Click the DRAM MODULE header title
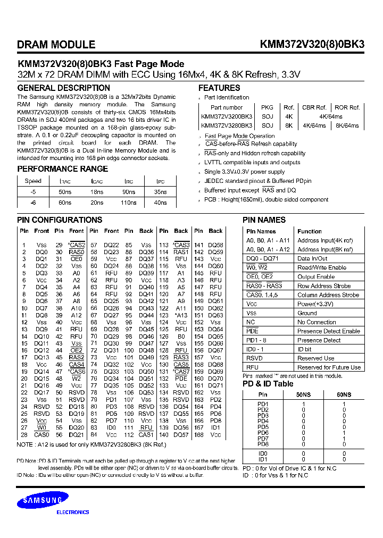click(56, 45)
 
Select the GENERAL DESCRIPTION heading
click(64, 88)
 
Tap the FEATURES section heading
click(219, 88)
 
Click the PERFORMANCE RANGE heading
click(63, 169)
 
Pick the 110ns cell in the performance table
click(129, 203)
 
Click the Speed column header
click(33, 181)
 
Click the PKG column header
click(267, 107)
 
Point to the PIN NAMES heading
click(264, 220)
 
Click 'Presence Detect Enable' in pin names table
click(328, 331)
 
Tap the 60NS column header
click(344, 395)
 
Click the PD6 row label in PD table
click(263, 433)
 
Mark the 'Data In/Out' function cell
click(312, 258)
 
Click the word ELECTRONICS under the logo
click(73, 512)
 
